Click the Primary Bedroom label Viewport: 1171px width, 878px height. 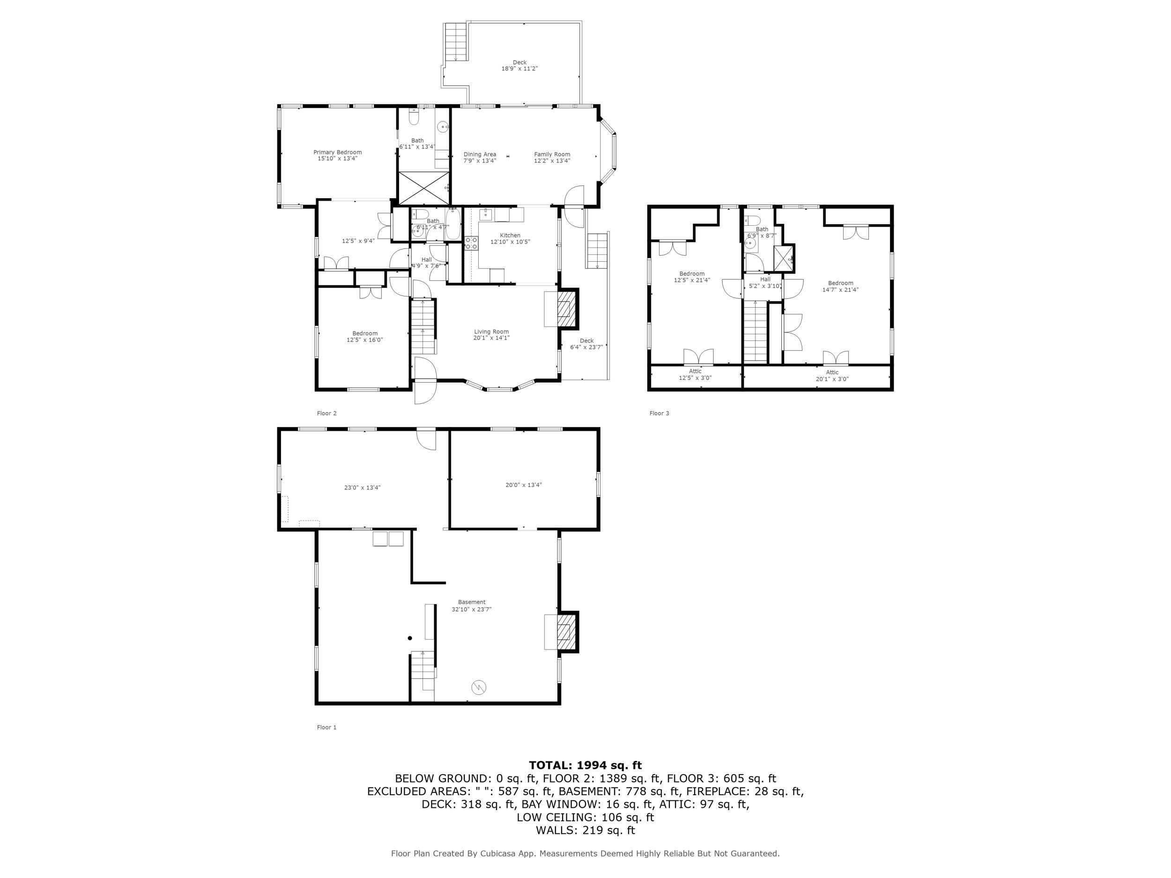point(337,152)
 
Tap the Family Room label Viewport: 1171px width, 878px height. point(552,155)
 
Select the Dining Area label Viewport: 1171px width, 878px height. point(480,155)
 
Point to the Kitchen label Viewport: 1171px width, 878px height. point(510,236)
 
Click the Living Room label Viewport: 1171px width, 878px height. point(491,332)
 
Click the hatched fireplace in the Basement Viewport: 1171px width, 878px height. point(567,631)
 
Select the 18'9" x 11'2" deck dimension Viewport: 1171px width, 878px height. point(519,69)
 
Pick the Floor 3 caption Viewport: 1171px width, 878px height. point(659,413)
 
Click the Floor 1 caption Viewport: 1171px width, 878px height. point(326,727)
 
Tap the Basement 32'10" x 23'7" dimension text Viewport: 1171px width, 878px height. point(471,609)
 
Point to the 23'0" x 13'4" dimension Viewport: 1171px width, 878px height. point(362,487)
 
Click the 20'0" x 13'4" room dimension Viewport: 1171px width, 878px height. point(524,485)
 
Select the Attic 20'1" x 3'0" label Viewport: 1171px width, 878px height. point(832,375)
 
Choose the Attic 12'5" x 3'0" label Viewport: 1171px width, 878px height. point(695,375)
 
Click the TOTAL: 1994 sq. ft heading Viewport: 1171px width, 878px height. point(585,765)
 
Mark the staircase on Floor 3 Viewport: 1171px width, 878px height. point(756,331)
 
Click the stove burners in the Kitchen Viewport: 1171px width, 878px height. point(471,243)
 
